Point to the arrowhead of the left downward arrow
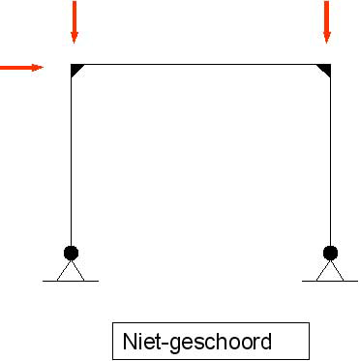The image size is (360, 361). coord(75,38)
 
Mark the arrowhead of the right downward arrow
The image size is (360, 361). coord(327,38)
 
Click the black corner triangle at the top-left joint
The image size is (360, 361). coord(75,69)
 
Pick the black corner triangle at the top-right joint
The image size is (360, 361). coord(326,69)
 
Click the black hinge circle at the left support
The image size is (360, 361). coord(71,253)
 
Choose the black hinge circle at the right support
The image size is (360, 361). coord(330,253)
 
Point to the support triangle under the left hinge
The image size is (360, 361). coord(71,271)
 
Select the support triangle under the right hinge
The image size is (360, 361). coord(330,271)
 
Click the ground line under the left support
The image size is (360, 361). coord(71,282)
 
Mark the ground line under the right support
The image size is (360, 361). coord(330,282)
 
